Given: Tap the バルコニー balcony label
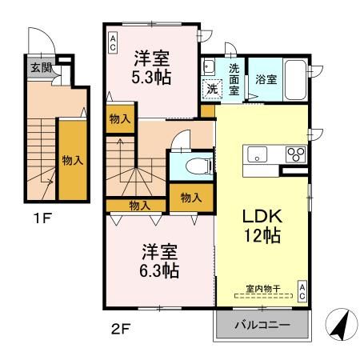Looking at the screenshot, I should (x=262, y=325).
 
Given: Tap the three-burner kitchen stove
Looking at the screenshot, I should (x=294, y=155).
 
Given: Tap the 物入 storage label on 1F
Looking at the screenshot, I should (x=72, y=160).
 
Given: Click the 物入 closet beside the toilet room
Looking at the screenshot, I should (x=190, y=197).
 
